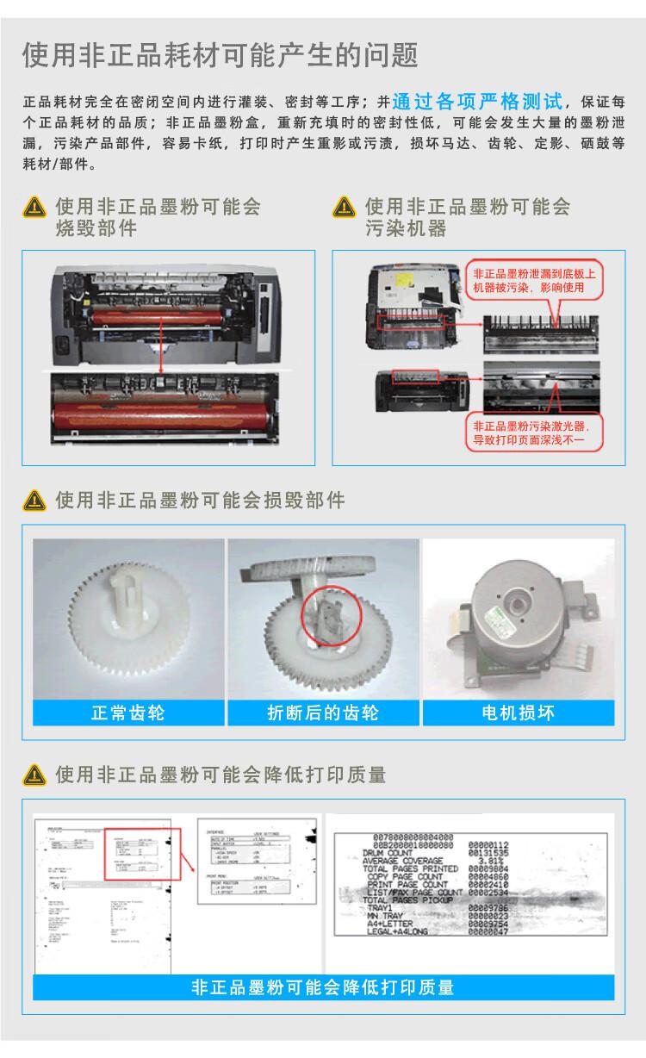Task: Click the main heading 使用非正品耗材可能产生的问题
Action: coord(221,56)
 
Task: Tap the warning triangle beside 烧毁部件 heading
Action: coord(34,208)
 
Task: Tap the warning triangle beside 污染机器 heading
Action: coord(345,208)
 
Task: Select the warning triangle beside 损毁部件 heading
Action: coord(34,500)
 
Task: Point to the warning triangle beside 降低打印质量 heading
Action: coord(34,775)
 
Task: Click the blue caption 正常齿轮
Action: coord(127,713)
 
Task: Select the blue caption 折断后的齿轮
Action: coord(322,713)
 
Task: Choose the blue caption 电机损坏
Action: coord(518,713)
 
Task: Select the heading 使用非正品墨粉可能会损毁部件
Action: coord(200,500)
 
